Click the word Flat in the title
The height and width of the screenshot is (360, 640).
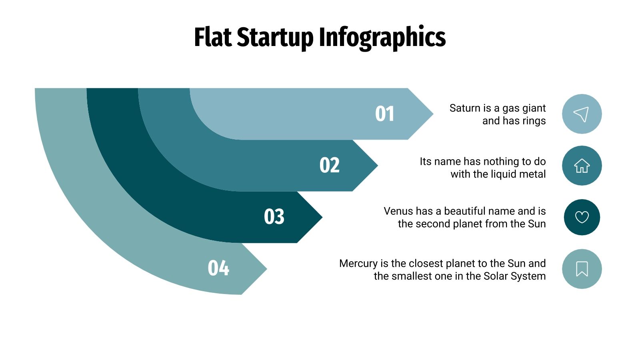click(x=213, y=37)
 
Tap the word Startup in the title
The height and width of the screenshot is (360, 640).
click(x=275, y=37)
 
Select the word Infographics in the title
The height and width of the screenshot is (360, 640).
click(x=382, y=37)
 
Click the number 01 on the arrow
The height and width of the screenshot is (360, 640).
click(x=385, y=114)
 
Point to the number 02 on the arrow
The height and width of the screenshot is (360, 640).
click(x=330, y=165)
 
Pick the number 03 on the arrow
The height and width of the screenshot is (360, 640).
click(x=274, y=217)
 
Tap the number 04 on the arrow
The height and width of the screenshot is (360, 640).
click(x=218, y=268)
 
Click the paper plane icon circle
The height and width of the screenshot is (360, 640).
click(x=582, y=114)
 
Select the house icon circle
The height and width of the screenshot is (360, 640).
click(x=582, y=166)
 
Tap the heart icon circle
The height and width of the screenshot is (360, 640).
click(x=582, y=217)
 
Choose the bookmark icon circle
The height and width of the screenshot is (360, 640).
click(x=582, y=269)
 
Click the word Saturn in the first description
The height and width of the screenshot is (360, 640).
click(x=465, y=108)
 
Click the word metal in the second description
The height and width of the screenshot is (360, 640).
click(x=532, y=174)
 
